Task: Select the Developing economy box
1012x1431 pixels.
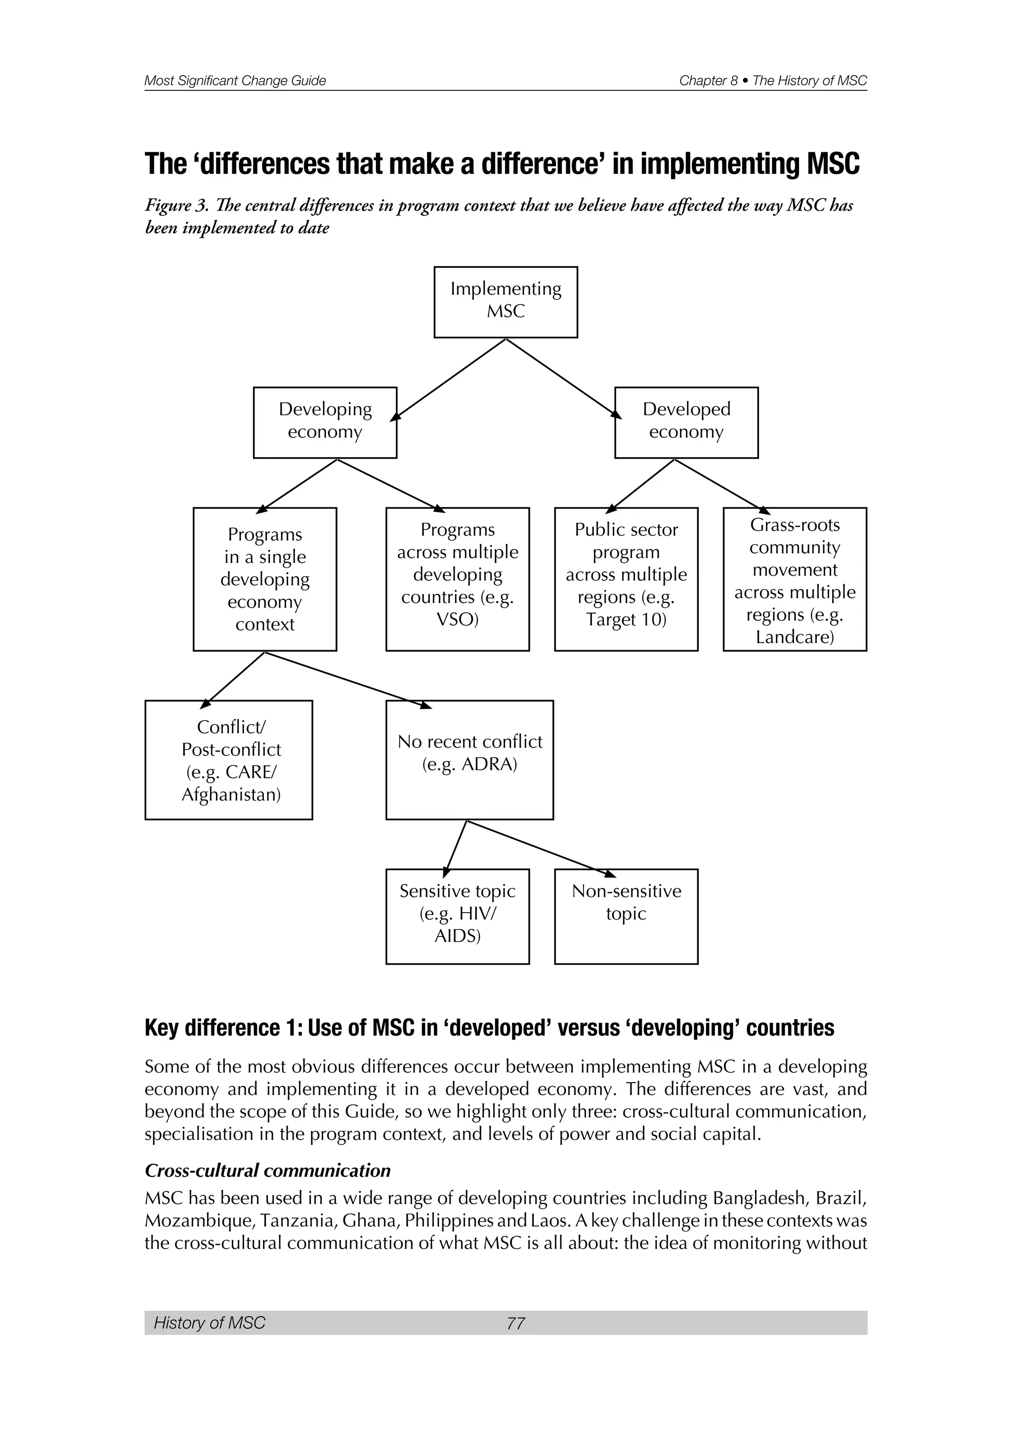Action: coord(325,422)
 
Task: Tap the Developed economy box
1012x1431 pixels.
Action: coord(686,422)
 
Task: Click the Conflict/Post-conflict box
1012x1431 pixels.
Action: coord(229,760)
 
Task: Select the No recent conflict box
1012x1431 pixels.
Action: coord(469,760)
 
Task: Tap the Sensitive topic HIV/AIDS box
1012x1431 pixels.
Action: coord(458,916)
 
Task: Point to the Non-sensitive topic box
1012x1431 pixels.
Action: coord(626,916)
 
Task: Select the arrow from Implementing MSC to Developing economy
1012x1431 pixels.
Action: coord(449,379)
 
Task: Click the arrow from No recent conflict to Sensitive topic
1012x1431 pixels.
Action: coord(456,847)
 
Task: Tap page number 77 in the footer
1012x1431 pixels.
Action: coord(515,1323)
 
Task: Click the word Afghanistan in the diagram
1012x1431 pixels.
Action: coord(231,795)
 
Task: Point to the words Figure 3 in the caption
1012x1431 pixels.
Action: coord(176,206)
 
